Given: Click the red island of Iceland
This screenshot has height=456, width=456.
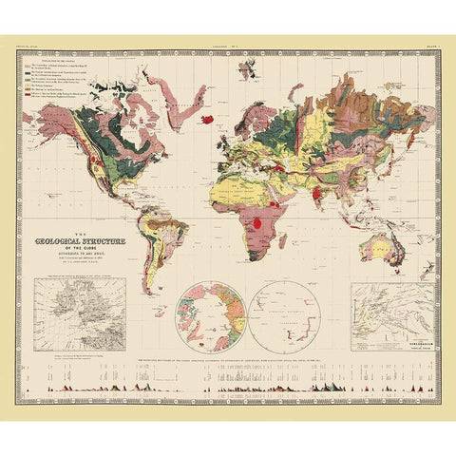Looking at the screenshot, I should pyautogui.click(x=206, y=121).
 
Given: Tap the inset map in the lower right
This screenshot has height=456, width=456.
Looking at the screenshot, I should pyautogui.click(x=391, y=318).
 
